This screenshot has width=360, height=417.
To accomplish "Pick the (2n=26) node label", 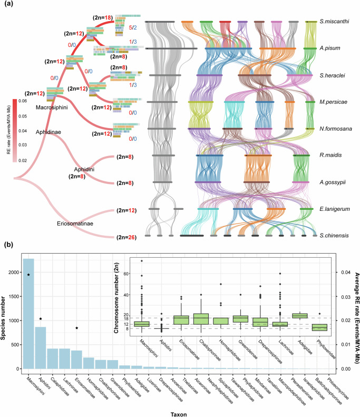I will [124, 237].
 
